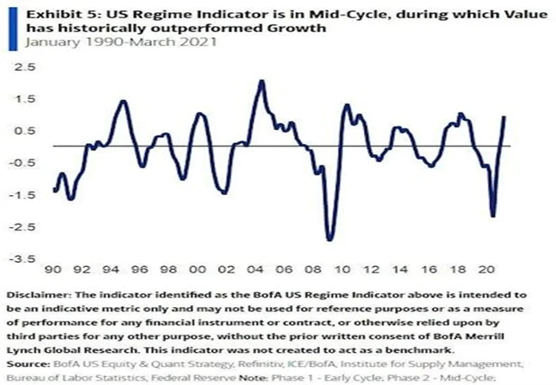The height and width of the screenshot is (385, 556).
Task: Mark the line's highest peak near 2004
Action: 261,81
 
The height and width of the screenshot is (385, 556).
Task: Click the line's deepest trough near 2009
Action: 329,240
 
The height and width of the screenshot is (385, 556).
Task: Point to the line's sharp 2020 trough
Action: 493,217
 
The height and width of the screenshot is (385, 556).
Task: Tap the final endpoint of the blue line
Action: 505,117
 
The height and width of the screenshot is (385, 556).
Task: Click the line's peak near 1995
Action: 122,101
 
